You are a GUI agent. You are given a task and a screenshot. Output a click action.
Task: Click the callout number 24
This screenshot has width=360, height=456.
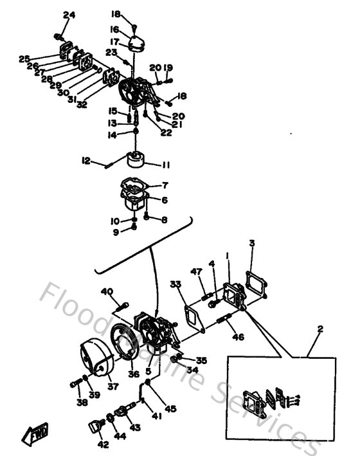click(x=69, y=15)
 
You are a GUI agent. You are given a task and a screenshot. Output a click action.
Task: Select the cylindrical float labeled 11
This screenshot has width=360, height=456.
click(x=137, y=158)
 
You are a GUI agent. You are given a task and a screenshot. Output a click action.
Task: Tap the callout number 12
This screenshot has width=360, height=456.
click(x=86, y=161)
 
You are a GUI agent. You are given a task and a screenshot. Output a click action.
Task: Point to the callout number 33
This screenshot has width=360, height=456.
click(x=175, y=284)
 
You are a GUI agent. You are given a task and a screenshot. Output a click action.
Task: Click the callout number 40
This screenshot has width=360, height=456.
click(x=106, y=291)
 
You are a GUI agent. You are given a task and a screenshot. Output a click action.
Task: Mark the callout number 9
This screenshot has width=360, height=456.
click(x=116, y=232)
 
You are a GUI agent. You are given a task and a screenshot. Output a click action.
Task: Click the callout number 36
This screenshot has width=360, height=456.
click(x=133, y=374)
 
